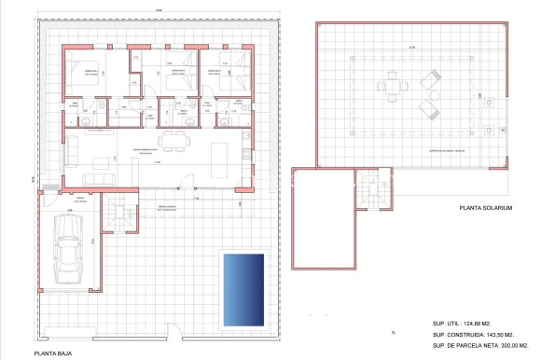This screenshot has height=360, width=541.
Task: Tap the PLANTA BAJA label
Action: pyautogui.click(x=52, y=353)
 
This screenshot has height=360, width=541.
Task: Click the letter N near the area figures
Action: pyautogui.click(x=395, y=332)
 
